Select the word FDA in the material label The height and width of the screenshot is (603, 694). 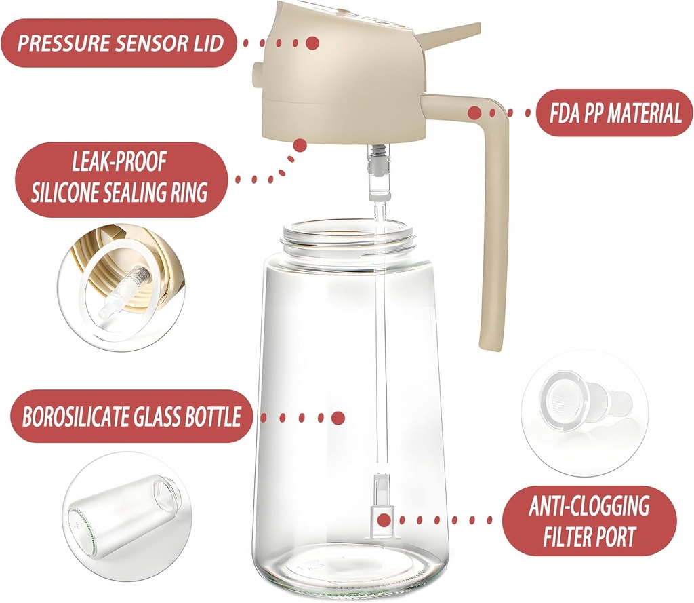coord(564,113)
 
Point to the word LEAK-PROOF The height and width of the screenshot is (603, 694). coord(119,161)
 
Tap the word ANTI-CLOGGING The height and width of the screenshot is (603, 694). coord(590,505)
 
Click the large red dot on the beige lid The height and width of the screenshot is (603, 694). coord(312,43)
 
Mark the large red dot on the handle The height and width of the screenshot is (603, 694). coord(475,113)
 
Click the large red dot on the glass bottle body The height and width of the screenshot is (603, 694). coord(338,418)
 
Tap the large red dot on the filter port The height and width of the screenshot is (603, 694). coord(385,520)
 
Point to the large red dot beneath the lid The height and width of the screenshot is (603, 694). coord(300,145)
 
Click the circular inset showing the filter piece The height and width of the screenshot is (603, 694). coord(584,413)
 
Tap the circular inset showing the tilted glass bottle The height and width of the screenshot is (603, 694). coord(127,517)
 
